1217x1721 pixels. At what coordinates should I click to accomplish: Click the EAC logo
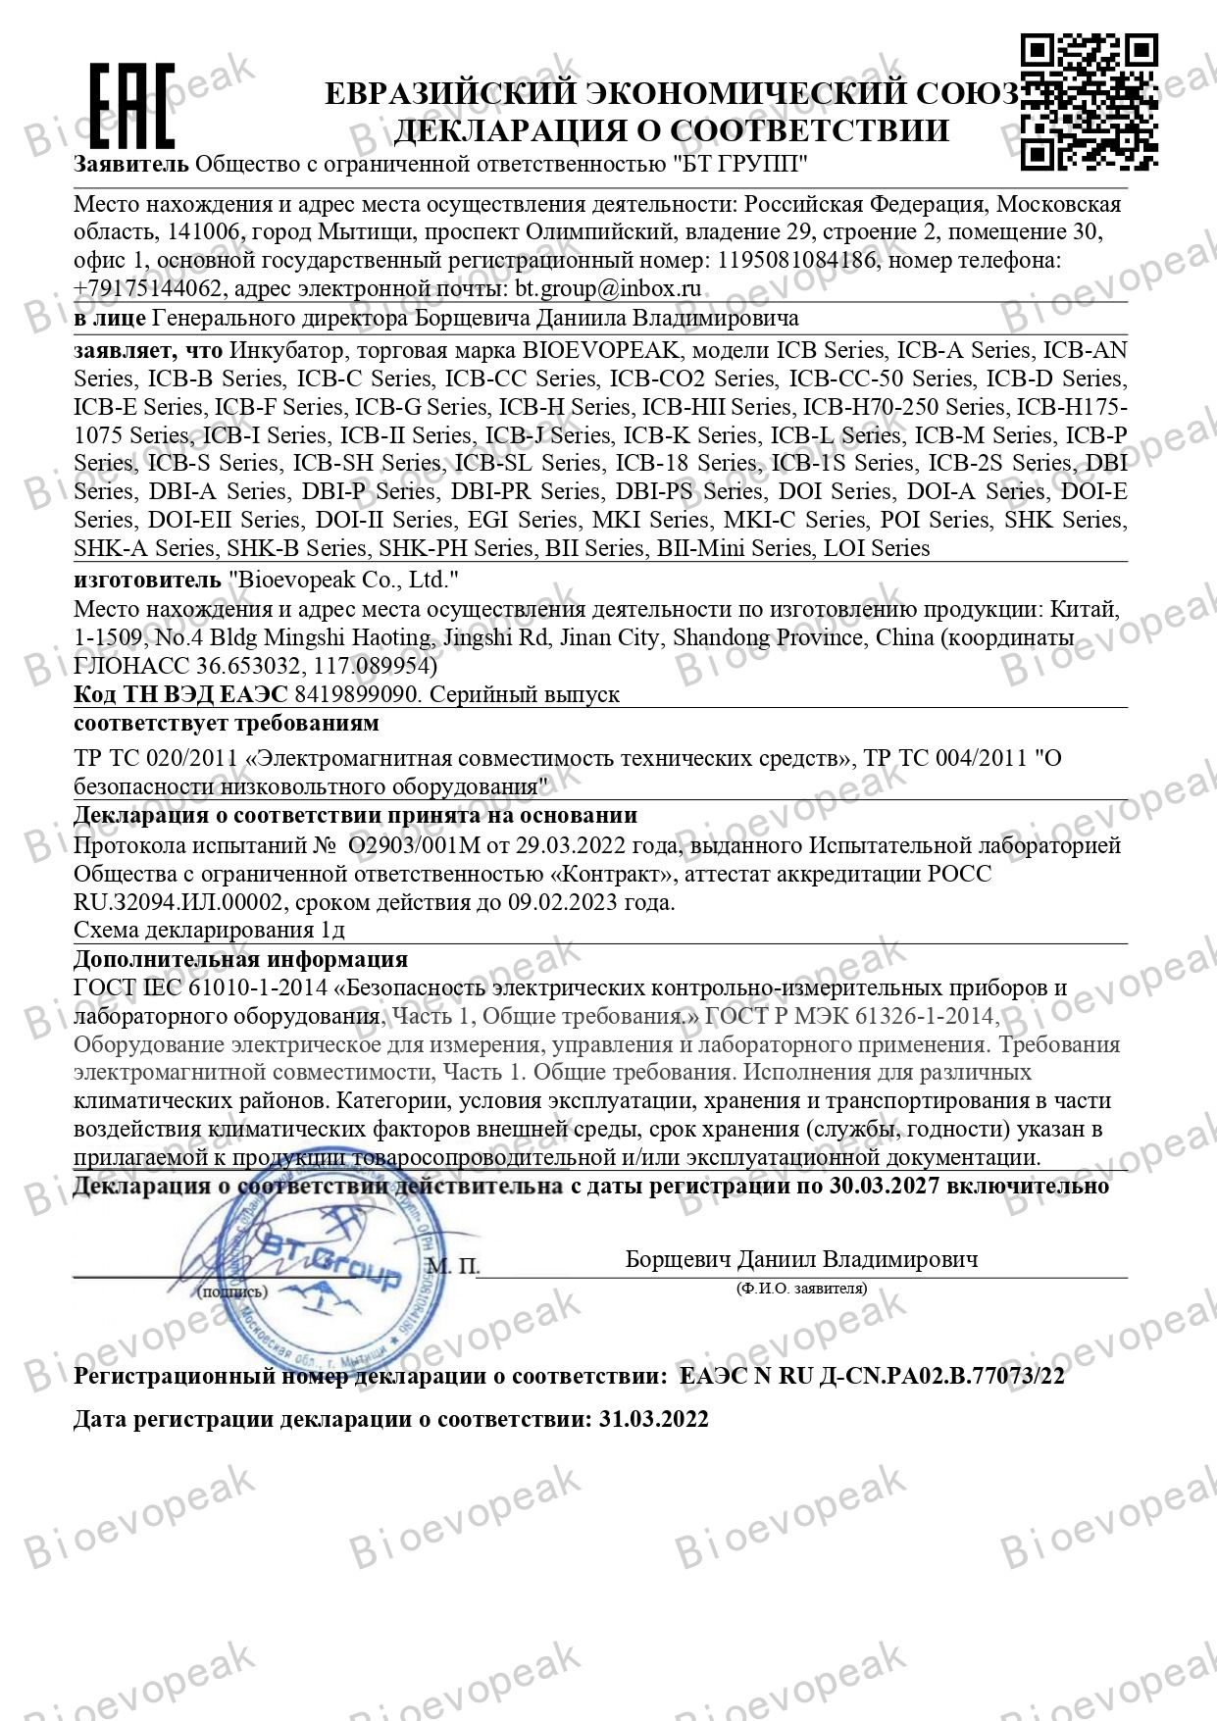click(x=131, y=106)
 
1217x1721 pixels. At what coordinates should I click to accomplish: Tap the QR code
click(x=1090, y=101)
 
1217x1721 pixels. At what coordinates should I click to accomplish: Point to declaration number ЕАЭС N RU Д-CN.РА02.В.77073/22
click(x=872, y=1376)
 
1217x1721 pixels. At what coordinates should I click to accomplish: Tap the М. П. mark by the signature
click(x=453, y=1266)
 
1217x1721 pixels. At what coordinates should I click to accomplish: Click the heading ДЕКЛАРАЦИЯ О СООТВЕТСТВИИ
click(x=671, y=130)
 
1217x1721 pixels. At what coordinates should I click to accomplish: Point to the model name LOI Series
click(x=873, y=548)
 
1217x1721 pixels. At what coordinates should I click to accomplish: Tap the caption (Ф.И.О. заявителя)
click(x=801, y=1289)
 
